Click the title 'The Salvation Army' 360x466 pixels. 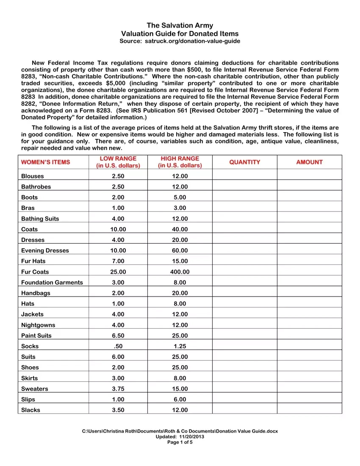pyautogui.click(x=180, y=25)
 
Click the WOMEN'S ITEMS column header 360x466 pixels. pyautogui.click(x=46, y=162)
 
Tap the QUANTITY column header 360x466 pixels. pyautogui.click(x=244, y=162)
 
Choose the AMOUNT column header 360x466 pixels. pyautogui.click(x=309, y=162)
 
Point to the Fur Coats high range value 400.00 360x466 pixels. pyautogui.click(x=180, y=272)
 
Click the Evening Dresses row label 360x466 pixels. pyautogui.click(x=45, y=250)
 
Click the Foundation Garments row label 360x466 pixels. pyautogui.click(x=52, y=283)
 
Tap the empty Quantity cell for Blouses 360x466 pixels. pyautogui.click(x=244, y=176)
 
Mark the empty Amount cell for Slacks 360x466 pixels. pyautogui.click(x=309, y=410)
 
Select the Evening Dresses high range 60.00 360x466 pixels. pyautogui.click(x=180, y=250)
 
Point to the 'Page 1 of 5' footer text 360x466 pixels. pyautogui.click(x=180, y=442)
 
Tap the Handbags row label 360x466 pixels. pyautogui.click(x=36, y=293)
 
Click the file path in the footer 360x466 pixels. pyautogui.click(x=180, y=431)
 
